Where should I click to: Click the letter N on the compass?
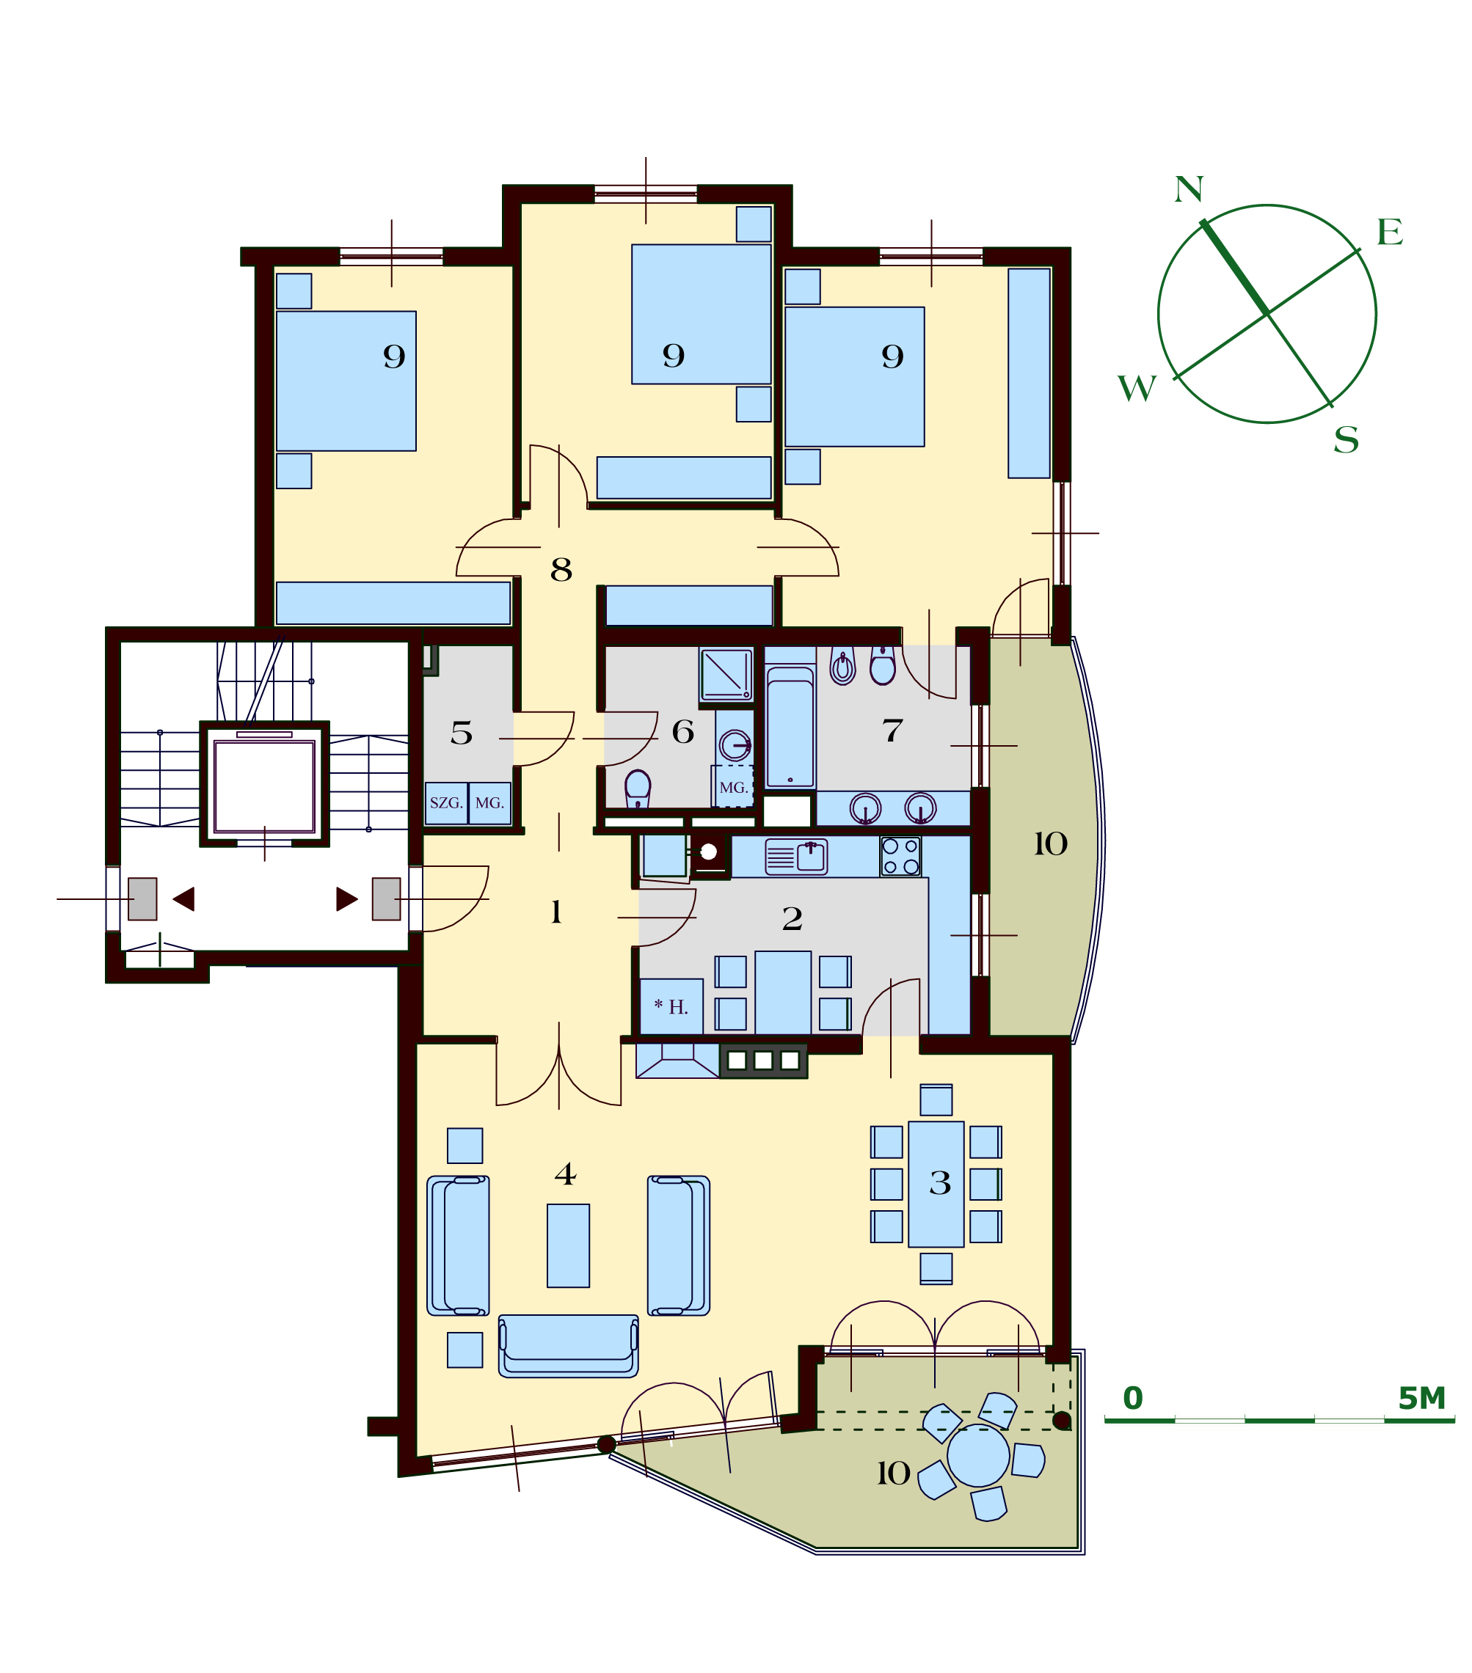[x=1189, y=189]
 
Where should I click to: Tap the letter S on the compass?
[x=1346, y=440]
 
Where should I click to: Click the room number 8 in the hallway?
[x=561, y=570]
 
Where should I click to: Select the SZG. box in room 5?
[x=446, y=803]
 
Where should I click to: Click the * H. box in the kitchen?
[x=671, y=1007]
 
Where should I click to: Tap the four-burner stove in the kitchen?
[x=900, y=856]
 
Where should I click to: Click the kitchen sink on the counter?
[x=795, y=857]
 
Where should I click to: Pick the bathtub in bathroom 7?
[x=790, y=727]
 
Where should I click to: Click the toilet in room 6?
[x=638, y=789]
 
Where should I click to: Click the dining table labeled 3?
[x=936, y=1185]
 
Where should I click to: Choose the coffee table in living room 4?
[x=568, y=1245]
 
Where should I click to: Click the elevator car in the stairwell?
[x=264, y=786]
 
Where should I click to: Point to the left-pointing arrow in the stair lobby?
[x=183, y=898]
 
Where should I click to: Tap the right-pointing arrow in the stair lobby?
[x=347, y=898]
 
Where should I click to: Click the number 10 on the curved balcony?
[x=1050, y=844]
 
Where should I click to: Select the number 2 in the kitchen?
[x=792, y=919]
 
